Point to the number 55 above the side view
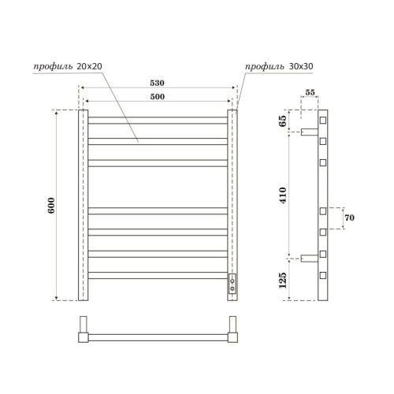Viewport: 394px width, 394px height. (311, 93)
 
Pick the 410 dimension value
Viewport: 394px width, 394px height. (283, 194)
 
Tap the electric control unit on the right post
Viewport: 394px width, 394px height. (232, 283)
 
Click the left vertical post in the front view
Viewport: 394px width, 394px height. (82, 205)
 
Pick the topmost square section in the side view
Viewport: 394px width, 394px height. (323, 121)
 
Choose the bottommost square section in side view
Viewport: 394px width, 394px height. (323, 275)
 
